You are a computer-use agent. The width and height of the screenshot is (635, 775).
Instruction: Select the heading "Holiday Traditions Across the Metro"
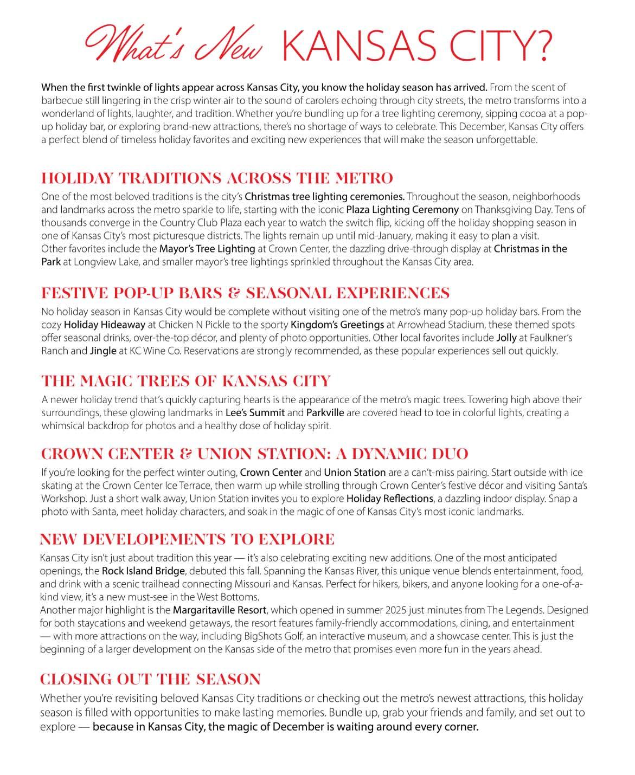click(x=217, y=178)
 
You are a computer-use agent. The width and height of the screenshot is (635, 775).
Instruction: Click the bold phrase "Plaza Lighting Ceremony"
click(x=402, y=210)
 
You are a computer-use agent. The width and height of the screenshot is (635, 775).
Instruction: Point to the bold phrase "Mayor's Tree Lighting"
click(x=207, y=249)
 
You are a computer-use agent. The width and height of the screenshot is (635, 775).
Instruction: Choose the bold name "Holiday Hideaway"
click(x=105, y=325)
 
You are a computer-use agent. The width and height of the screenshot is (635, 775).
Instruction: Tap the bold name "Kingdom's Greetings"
click(x=337, y=325)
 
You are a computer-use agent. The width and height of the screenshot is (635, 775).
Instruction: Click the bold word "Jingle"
click(x=103, y=351)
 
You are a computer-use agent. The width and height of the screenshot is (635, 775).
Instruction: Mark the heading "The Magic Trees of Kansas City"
click(x=185, y=381)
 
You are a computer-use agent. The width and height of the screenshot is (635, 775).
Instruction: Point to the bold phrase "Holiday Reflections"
click(x=389, y=499)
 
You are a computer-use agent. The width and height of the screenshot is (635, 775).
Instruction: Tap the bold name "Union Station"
click(x=355, y=473)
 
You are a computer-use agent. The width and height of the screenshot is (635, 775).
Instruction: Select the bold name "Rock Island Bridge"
click(x=144, y=571)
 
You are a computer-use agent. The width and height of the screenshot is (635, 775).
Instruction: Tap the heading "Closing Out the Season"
click(x=150, y=679)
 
